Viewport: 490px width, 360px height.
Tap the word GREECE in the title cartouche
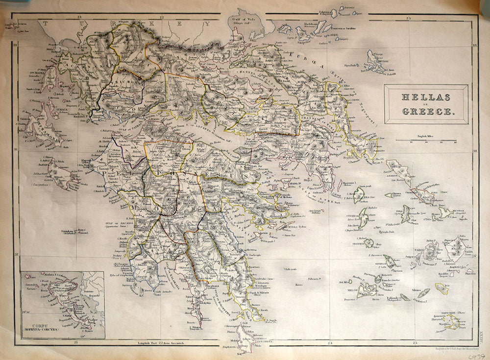coord(426,111)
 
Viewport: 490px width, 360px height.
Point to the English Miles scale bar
coord(426,141)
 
